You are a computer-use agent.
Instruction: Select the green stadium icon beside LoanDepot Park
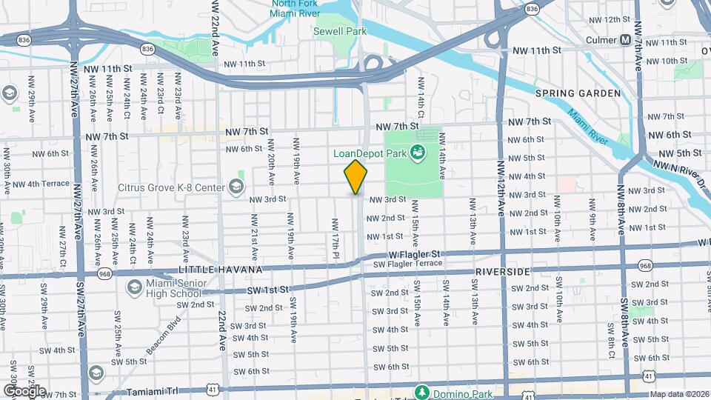[x=417, y=153]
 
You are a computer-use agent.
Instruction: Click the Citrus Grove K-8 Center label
[x=171, y=187]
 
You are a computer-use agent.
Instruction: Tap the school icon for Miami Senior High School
[x=134, y=287]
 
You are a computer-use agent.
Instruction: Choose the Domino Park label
[x=459, y=391]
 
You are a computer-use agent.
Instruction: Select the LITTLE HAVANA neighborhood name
[x=212, y=272]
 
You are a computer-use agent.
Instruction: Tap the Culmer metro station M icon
[x=626, y=39]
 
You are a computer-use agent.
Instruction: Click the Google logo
[x=24, y=391]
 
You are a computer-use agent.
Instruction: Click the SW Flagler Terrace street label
[x=407, y=264]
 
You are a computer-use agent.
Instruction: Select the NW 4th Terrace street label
[x=41, y=184]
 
